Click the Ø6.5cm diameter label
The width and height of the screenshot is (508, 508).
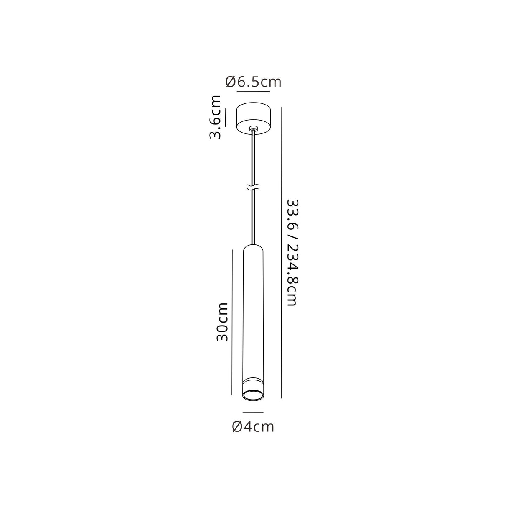tap(254, 82)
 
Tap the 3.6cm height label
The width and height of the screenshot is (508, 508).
tap(216, 117)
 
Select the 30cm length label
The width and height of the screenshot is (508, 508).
tap(222, 322)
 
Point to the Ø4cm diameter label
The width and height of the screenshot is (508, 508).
tap(253, 427)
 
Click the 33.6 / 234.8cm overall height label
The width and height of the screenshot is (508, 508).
tap(292, 252)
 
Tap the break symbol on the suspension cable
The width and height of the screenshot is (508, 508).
tap(253, 187)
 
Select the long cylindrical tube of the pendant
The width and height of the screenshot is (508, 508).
tap(253, 314)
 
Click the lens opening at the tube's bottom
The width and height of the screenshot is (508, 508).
tap(253, 395)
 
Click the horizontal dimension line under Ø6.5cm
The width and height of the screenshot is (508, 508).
tap(254, 91)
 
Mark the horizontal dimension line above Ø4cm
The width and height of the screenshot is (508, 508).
tap(253, 412)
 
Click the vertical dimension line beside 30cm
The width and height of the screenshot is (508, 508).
tap(232, 322)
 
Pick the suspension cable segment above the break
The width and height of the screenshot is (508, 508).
tap(253, 159)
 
